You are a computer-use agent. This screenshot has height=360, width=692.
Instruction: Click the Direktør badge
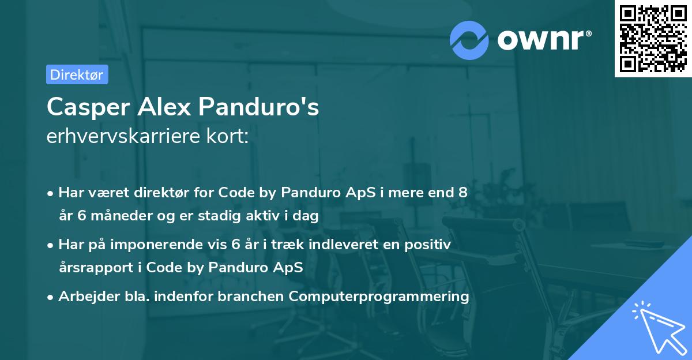pyautogui.click(x=77, y=74)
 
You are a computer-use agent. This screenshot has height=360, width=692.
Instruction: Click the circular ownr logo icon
pyautogui.click(x=469, y=39)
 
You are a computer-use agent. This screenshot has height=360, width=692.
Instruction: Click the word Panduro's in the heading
pyautogui.click(x=259, y=107)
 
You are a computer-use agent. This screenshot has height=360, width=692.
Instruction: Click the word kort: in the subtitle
pyautogui.click(x=231, y=136)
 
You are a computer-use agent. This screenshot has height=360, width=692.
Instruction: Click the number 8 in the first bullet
pyautogui.click(x=462, y=193)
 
